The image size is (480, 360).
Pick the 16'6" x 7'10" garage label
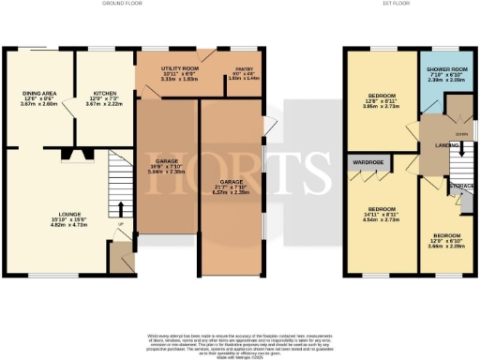tap(168, 167)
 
